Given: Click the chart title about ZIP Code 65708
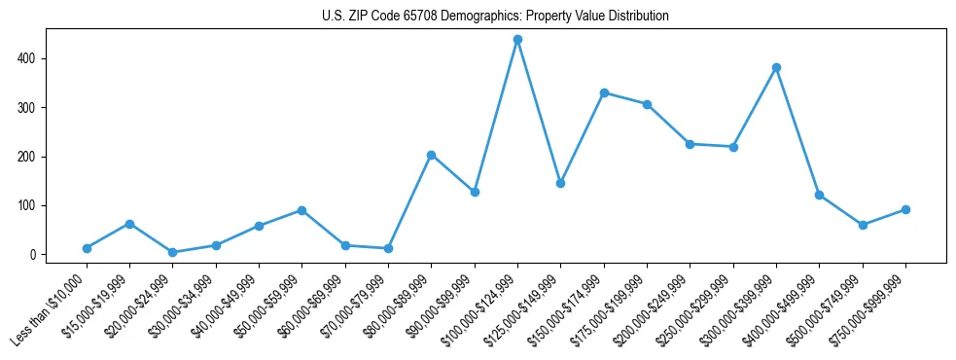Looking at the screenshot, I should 495,17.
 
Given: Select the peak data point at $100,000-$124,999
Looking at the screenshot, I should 517,40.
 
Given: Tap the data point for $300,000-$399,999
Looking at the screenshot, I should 776,68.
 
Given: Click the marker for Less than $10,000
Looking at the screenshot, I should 87,248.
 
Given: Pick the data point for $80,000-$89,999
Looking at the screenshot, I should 431,155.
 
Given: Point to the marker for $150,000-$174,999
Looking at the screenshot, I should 604,93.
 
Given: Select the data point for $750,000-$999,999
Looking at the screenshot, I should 905,209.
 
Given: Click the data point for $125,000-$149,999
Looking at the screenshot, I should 560,183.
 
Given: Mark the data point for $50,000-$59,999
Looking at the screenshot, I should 301,210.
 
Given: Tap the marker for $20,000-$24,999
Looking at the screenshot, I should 172,252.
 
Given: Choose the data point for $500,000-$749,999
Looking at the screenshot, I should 863,225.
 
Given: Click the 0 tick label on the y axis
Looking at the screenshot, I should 32,255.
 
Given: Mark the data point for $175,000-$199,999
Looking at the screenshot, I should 647,104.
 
